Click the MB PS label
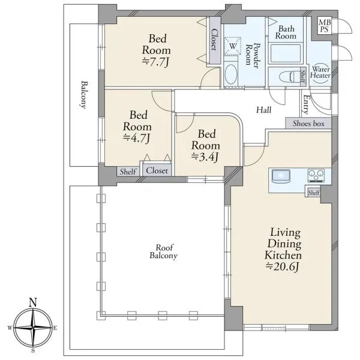tap(325, 26)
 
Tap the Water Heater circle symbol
tap(320, 72)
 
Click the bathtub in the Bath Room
tap(286, 53)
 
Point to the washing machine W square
tap(233, 46)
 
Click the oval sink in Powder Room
tap(231, 74)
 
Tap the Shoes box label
tap(308, 124)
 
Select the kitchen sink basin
tap(281, 176)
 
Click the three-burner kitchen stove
tap(316, 176)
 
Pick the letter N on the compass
tap(33, 302)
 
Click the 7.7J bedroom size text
tap(156, 62)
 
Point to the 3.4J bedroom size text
tap(205, 157)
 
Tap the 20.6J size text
tap(283, 266)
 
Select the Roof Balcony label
tap(163, 251)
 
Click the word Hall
tap(264, 110)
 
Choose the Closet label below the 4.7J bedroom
tap(157, 170)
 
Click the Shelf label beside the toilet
tap(303, 77)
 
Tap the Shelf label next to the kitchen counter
tap(314, 193)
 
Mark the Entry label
tap(305, 104)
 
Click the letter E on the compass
tap(55, 328)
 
